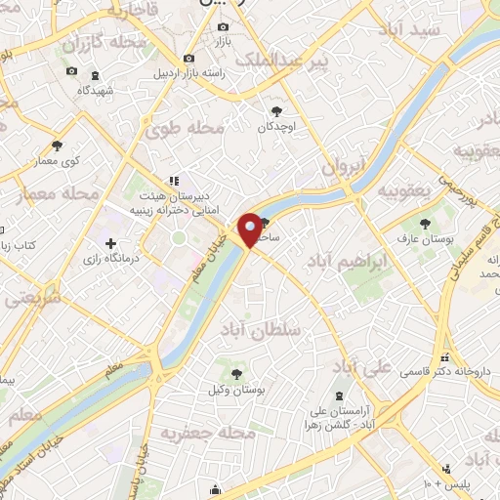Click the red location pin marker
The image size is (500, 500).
coord(250,229)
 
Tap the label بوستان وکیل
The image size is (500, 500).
coord(235,390)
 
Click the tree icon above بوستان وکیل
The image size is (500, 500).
coord(235,373)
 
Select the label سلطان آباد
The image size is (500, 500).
coord(262,330)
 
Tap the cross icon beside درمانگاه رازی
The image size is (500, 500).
coord(110,243)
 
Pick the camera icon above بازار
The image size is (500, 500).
coord(217,28)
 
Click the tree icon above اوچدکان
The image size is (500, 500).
coord(277,110)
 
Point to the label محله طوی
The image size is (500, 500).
coord(185,128)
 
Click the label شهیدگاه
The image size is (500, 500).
coord(97,90)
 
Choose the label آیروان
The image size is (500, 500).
coord(344,166)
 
